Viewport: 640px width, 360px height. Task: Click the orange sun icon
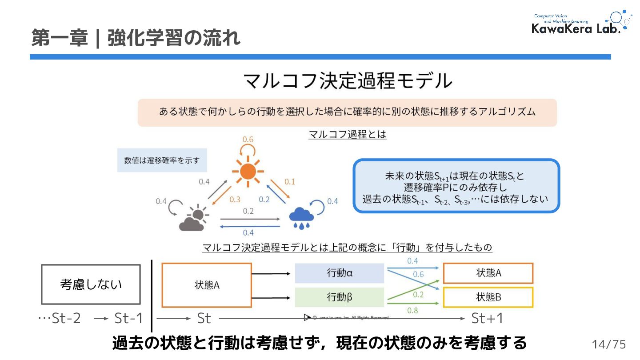[248, 171]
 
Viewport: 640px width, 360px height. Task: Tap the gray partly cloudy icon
[193, 218]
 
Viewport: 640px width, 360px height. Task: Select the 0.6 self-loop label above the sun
[248, 140]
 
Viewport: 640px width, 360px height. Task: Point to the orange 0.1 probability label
[289, 181]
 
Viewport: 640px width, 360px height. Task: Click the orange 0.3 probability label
[235, 200]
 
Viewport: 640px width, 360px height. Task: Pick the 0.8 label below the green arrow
[412, 311]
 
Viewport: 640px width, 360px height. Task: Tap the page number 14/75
[608, 344]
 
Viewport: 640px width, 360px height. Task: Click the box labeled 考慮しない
[91, 284]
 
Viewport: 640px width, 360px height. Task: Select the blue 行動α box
[340, 273]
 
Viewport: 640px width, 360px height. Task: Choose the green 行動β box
[340, 297]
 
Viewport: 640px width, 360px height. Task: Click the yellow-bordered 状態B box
[488, 297]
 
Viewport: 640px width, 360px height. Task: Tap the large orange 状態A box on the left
[207, 285]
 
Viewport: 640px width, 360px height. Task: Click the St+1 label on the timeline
[487, 318]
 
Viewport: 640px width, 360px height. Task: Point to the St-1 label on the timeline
[129, 318]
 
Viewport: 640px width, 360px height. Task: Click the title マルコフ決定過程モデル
[347, 81]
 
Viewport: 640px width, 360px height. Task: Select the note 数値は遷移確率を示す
[162, 160]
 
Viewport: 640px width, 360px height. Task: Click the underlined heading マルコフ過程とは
[347, 134]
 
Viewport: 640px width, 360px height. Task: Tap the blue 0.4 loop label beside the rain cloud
[332, 201]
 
